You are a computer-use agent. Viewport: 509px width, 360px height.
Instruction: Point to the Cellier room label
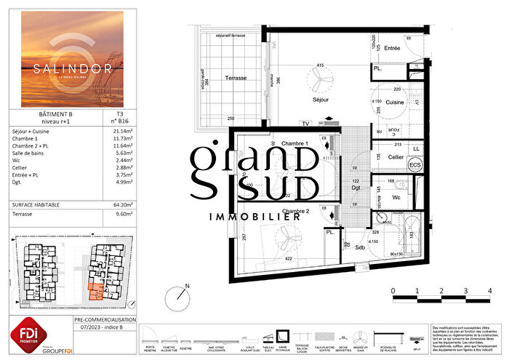click(395, 156)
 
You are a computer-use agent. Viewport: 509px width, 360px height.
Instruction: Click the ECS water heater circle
click(416, 165)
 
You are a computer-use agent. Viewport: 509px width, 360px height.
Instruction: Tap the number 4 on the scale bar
click(489, 291)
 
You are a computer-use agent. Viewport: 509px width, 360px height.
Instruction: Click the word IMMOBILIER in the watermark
click(254, 216)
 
